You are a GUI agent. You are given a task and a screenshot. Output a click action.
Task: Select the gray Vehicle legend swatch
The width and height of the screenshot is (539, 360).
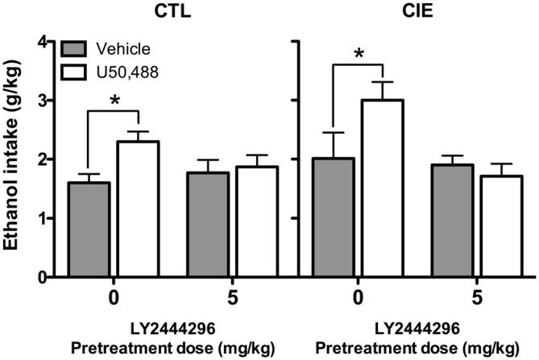pos(77,48)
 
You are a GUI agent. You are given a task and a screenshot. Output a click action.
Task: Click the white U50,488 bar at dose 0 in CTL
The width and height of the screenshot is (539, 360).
pos(139,209)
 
